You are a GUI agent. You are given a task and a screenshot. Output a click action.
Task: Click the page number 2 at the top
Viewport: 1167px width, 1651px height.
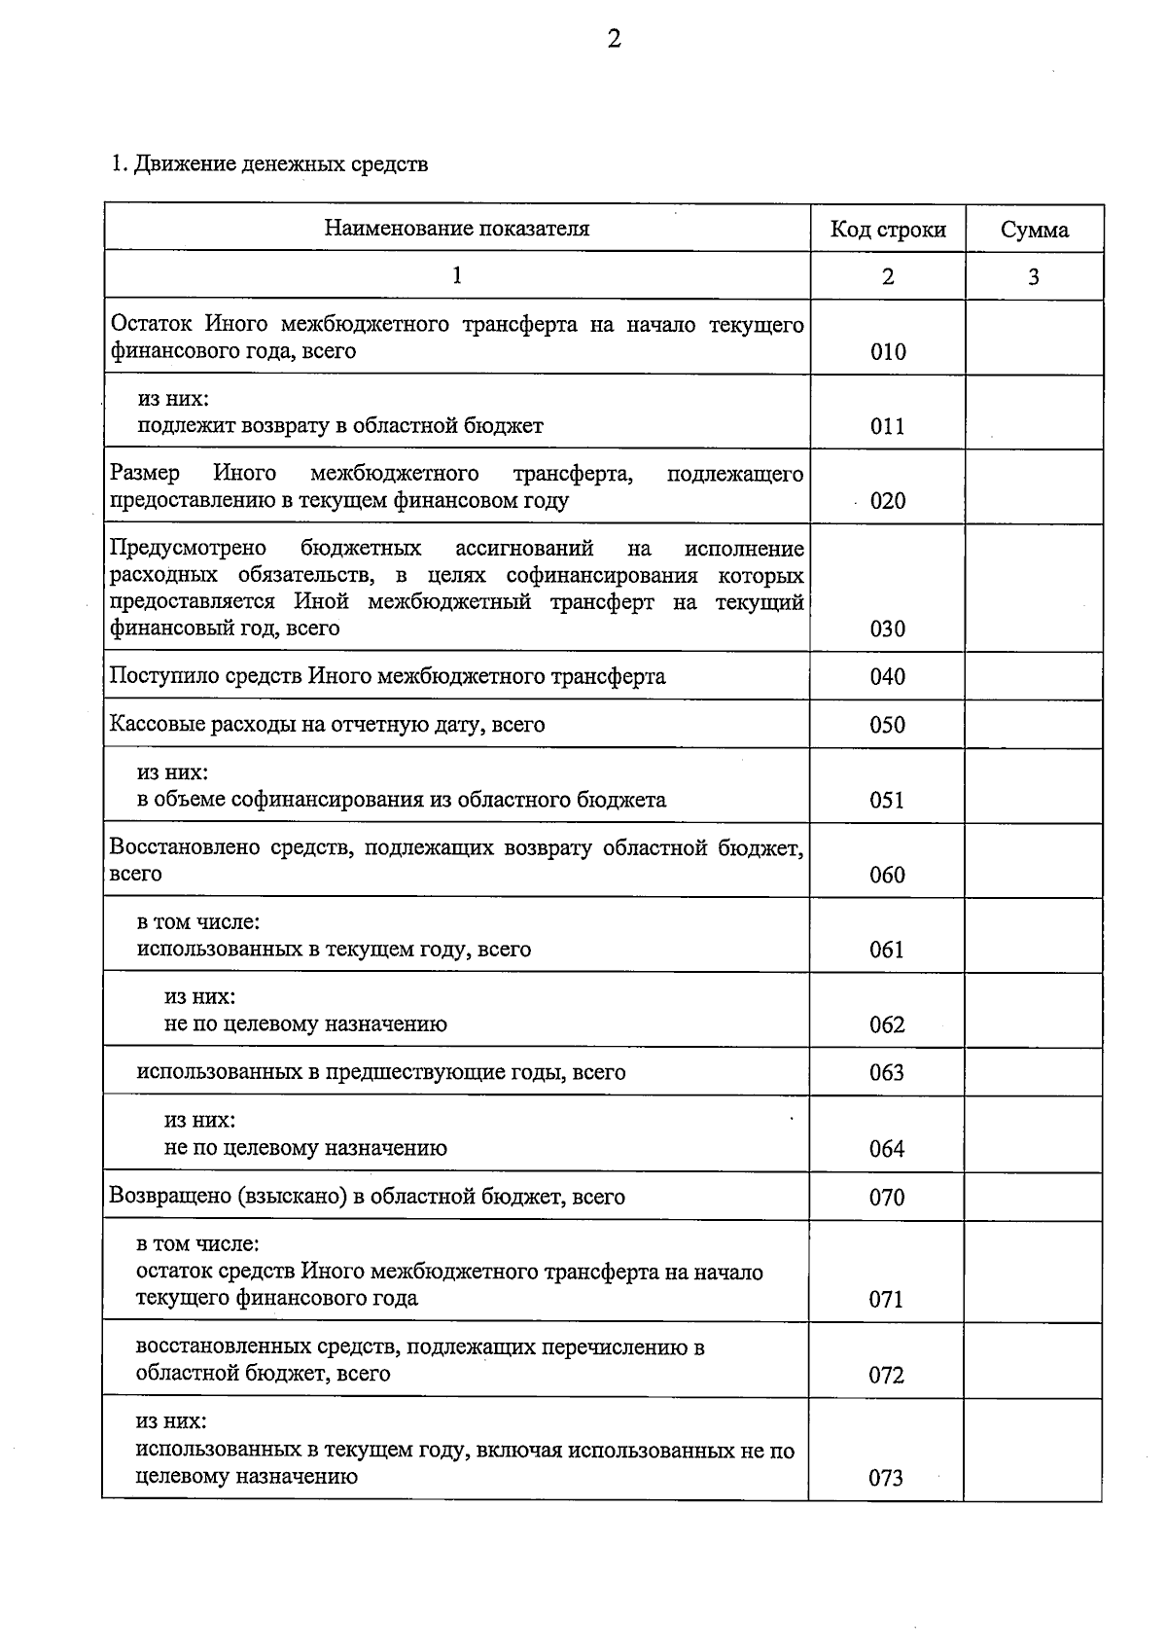614,39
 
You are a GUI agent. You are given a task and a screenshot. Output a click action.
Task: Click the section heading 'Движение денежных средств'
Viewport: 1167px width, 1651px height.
280,163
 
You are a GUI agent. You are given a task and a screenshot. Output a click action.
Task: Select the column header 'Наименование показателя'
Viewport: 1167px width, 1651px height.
457,229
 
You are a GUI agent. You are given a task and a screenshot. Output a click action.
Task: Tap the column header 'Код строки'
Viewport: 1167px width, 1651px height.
888,230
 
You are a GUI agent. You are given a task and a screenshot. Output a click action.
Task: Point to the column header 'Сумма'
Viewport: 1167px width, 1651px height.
1034,230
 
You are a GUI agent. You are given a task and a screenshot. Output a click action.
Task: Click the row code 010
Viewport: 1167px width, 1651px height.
888,352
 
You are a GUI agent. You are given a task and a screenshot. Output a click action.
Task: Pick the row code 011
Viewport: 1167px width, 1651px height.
888,426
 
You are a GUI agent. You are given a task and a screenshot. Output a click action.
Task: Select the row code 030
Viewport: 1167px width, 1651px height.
888,628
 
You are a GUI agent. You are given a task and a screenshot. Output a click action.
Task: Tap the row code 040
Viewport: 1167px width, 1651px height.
888,676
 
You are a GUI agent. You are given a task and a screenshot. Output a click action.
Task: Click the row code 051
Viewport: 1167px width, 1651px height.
887,800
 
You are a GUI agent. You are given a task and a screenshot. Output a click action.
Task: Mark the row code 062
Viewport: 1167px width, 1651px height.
887,1024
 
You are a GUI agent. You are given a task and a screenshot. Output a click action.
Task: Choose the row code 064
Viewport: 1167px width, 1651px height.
887,1149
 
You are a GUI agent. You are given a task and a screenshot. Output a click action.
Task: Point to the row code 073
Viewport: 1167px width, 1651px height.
886,1478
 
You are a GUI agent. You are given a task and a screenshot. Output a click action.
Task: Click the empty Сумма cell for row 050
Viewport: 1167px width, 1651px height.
1034,724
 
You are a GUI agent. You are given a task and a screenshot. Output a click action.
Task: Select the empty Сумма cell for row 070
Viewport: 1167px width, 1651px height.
1034,1196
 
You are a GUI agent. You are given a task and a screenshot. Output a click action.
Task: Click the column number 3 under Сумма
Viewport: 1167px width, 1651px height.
1034,277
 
